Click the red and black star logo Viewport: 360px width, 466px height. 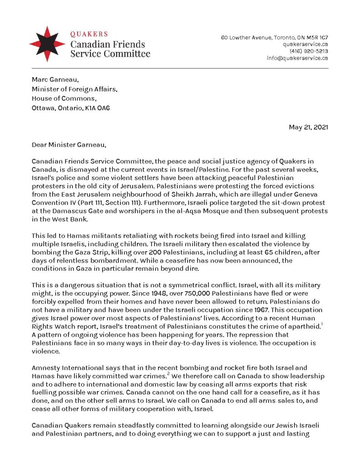coord(47,44)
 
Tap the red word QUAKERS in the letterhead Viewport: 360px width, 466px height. coord(89,34)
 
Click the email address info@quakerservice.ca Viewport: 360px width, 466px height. coord(297,58)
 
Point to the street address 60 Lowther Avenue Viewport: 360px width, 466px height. coord(246,37)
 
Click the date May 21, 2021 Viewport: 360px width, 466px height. coord(308,127)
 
